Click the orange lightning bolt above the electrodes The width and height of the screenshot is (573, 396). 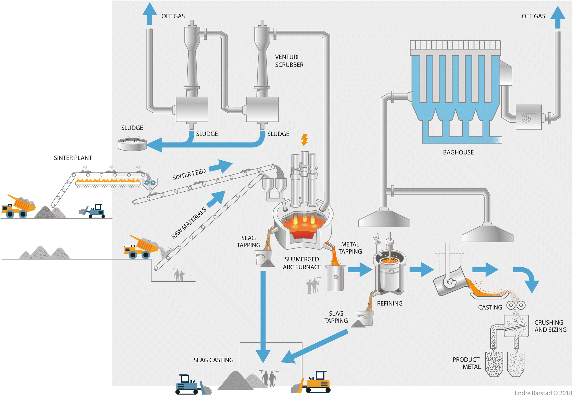click(304, 140)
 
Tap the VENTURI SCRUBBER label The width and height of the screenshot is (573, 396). click(289, 61)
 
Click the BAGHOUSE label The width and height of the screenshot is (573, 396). click(458, 152)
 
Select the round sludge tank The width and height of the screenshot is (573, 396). click(132, 144)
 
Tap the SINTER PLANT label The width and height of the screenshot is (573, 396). click(73, 158)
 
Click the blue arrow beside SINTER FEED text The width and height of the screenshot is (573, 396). click(221, 166)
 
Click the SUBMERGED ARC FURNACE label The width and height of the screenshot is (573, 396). click(302, 263)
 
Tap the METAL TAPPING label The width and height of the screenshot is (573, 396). click(350, 248)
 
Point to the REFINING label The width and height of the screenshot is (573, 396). click(389, 304)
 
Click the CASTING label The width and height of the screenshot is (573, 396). click(490, 307)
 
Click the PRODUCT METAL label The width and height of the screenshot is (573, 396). click(467, 363)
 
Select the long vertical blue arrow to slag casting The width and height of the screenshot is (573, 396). click(263, 316)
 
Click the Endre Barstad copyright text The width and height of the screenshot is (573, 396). click(543, 393)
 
